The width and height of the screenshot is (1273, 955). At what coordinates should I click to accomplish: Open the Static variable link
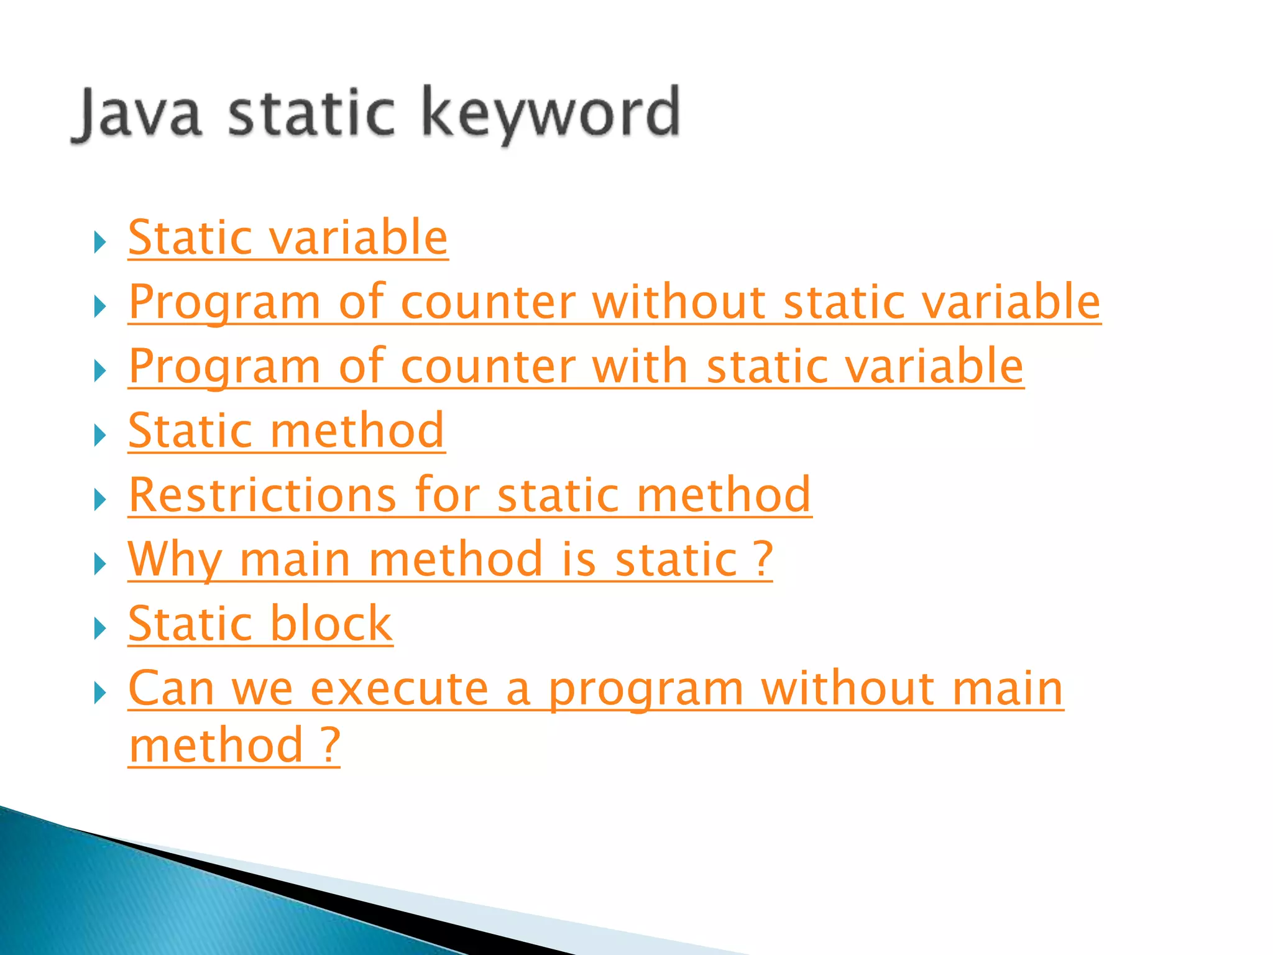click(288, 238)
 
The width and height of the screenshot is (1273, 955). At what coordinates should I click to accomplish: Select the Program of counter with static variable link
click(576, 367)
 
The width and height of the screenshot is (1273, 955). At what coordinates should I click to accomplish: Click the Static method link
click(287, 431)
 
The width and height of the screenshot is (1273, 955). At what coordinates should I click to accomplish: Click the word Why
click(175, 560)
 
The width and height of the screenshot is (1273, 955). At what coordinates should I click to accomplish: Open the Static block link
click(260, 624)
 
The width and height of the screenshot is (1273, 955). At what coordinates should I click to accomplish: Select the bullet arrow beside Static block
click(100, 629)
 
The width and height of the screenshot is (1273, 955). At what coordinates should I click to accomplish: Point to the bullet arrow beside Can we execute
click(100, 693)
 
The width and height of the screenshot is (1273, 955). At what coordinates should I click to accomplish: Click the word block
click(331, 624)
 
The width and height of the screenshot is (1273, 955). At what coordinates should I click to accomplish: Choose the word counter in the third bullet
click(489, 367)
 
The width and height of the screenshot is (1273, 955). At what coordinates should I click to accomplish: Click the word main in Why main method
click(295, 560)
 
